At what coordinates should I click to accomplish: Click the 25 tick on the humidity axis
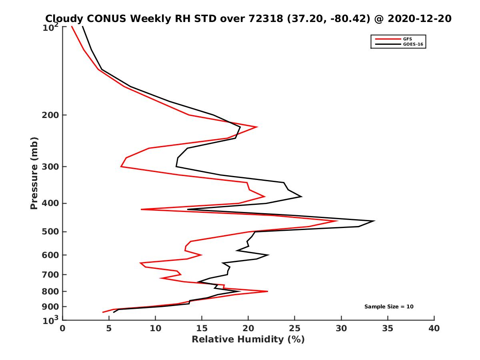coord(295,328)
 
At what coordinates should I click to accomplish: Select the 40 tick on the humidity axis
coord(434,328)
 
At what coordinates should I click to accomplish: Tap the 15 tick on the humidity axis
coord(202,328)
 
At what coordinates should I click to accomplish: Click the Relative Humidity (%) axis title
coord(248,340)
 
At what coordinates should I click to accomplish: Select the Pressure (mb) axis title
coord(34,173)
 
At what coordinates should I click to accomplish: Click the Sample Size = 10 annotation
coord(389,307)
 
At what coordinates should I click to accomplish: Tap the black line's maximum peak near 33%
coord(374,221)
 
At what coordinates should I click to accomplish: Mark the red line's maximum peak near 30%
coord(338,221)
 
